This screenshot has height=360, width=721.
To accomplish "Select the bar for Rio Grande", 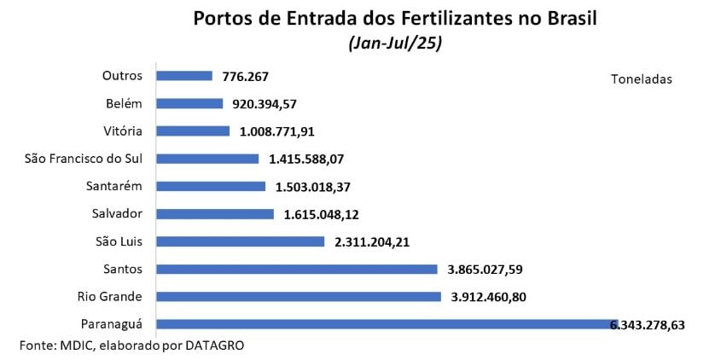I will tap(299, 297).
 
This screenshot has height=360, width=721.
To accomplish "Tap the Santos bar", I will tap(297, 270).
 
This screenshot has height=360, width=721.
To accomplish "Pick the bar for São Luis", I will tap(241, 241).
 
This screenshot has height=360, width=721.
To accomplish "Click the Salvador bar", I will tap(215, 214).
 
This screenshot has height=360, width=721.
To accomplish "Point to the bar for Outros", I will tap(184, 76).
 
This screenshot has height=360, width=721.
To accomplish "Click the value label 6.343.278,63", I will tap(648, 325).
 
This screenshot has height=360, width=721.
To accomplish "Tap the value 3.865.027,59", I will tap(485, 270).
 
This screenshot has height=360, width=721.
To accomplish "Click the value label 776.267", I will tap(245, 77).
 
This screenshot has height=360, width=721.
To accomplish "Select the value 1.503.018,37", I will tap(314, 187).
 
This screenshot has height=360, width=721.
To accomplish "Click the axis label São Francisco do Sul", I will tap(84, 158).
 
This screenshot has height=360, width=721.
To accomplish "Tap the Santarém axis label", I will tap(113, 186).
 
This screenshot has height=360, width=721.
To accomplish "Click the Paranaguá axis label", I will tap(111, 324).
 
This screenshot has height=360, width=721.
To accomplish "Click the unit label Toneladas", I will tap(642, 79).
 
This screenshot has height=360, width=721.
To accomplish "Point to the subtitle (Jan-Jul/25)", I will tap(394, 43).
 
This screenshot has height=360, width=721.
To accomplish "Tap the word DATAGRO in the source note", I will tap(220, 345).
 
